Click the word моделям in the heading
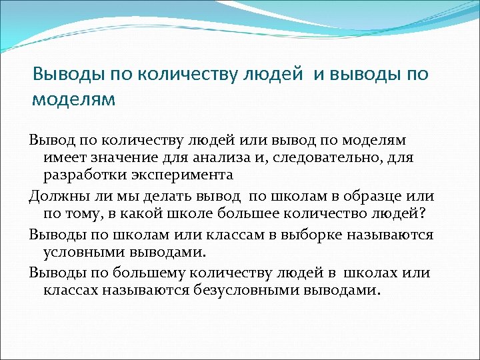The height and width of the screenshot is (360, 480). point(74,100)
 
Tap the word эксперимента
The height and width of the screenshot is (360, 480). point(180,175)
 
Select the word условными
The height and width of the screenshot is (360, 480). point(85,253)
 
